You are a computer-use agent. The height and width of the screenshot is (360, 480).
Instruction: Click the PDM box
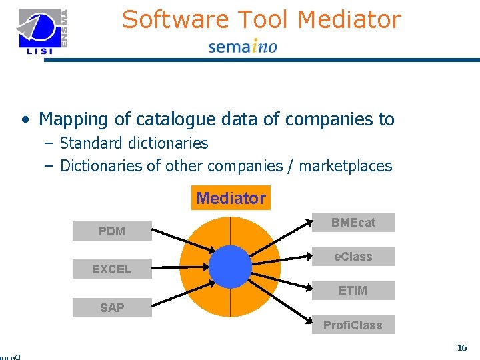click(112, 231)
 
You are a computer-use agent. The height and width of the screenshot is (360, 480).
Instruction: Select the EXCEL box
click(112, 269)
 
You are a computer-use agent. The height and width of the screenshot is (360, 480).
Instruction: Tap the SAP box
click(112, 307)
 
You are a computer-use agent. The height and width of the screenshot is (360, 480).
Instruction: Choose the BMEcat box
click(353, 223)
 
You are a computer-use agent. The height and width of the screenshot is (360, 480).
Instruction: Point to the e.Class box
click(353, 257)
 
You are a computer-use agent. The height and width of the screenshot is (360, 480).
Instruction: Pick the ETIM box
click(353, 291)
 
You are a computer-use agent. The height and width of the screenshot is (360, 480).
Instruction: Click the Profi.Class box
click(353, 325)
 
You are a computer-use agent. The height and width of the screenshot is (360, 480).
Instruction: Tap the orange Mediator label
click(231, 198)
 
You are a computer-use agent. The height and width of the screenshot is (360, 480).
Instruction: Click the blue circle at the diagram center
click(230, 267)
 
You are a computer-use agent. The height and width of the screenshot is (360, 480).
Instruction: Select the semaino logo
click(243, 47)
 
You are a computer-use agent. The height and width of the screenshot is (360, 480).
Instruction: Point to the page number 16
click(462, 348)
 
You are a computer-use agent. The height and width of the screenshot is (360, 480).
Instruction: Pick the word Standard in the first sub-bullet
click(89, 143)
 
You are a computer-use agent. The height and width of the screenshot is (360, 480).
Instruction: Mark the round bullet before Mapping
click(25, 120)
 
